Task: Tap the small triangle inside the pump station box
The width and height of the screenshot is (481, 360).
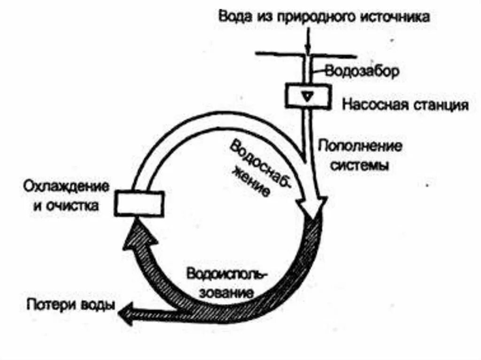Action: click(x=306, y=96)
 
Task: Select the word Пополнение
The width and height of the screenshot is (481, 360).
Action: click(x=360, y=146)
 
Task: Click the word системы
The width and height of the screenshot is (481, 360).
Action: click(x=360, y=166)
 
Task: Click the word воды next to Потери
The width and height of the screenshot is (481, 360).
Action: click(x=97, y=304)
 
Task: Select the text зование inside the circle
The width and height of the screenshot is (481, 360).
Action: click(x=227, y=292)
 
